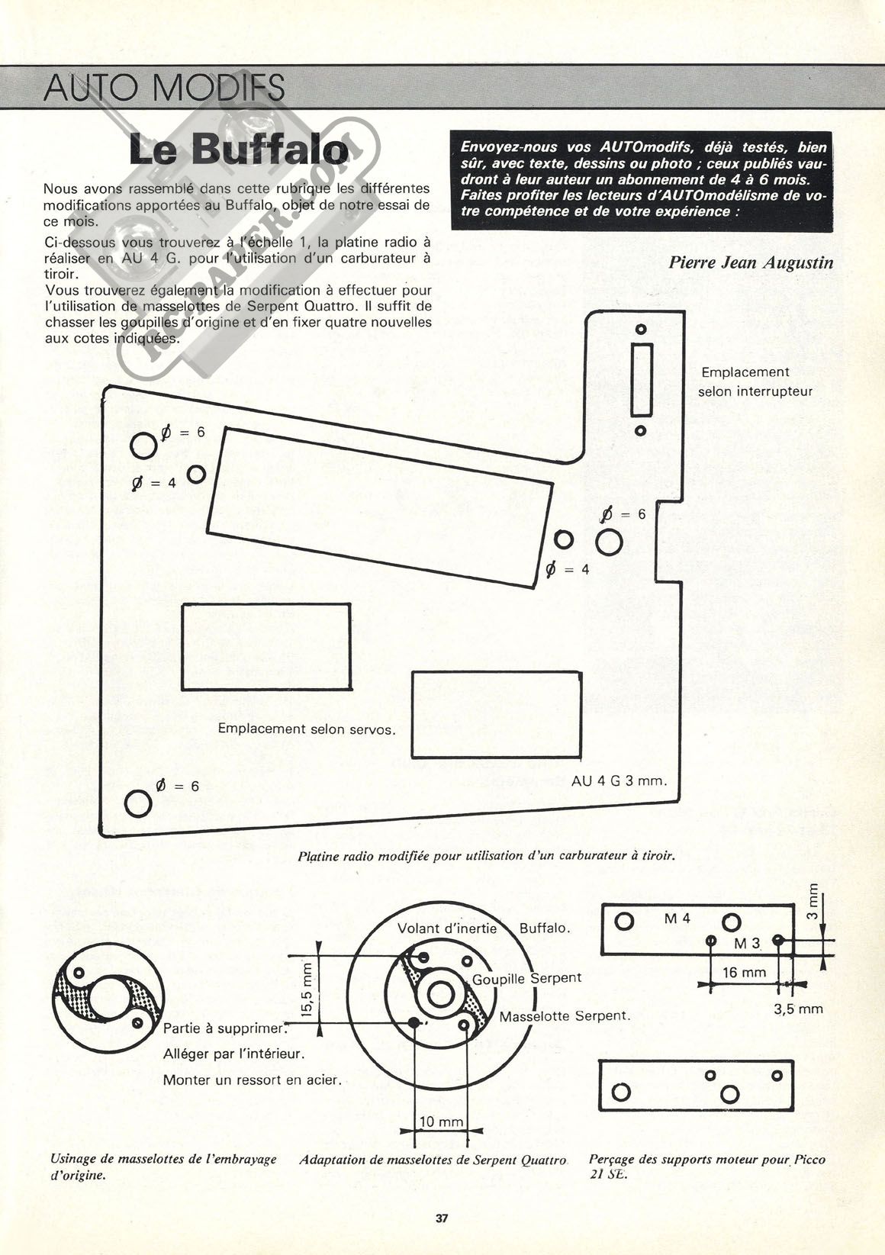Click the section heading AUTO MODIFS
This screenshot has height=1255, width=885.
(x=163, y=87)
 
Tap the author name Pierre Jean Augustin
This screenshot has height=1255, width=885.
(x=751, y=262)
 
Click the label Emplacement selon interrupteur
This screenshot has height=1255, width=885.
(x=755, y=381)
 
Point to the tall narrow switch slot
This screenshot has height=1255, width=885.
(x=642, y=380)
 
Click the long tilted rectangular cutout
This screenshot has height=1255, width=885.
(x=380, y=507)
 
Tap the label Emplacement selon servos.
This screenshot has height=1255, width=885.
(x=307, y=729)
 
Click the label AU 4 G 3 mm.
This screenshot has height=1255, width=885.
(x=619, y=780)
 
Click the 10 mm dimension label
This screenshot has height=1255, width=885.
(x=442, y=1121)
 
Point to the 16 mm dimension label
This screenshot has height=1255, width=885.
(x=744, y=972)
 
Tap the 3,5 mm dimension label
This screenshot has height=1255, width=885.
(x=798, y=1009)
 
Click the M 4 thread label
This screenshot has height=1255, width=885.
(x=677, y=919)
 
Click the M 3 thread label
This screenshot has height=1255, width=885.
(x=747, y=944)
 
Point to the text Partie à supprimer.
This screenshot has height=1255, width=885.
(x=225, y=1028)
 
